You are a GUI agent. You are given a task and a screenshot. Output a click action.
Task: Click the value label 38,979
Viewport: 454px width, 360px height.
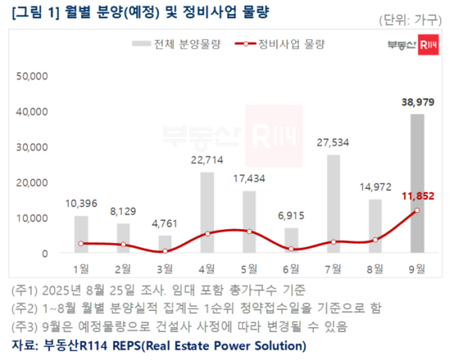click(416, 102)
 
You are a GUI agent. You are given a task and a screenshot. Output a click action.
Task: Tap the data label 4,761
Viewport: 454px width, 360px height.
click(165, 223)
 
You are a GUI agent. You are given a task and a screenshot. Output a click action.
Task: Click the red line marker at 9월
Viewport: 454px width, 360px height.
click(416, 210)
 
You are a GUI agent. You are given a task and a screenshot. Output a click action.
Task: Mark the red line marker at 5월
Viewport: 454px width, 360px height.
click(249, 231)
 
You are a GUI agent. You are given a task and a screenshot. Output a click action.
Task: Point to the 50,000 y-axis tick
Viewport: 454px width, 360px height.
click(32, 76)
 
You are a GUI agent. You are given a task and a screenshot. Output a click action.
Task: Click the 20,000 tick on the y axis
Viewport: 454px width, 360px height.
click(32, 182)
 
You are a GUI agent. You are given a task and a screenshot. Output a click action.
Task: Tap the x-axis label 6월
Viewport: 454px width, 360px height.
click(291, 268)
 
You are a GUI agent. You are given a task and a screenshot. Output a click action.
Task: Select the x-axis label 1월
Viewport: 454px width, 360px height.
click(81, 268)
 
